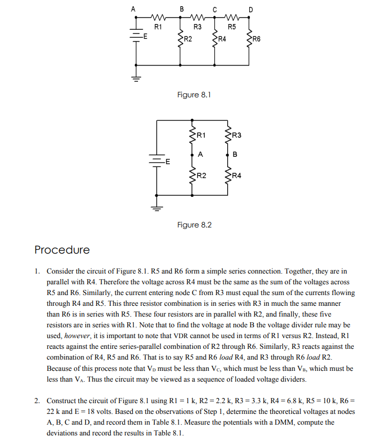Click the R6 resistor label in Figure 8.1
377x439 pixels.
[256, 39]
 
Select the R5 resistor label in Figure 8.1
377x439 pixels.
[232, 27]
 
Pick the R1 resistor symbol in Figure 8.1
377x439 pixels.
[158, 17]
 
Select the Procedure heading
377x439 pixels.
[62, 250]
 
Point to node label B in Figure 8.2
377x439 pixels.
[235, 154]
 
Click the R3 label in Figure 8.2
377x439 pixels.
[236, 135]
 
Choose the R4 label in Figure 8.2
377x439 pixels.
[236, 176]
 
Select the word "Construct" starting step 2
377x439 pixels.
[63, 401]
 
